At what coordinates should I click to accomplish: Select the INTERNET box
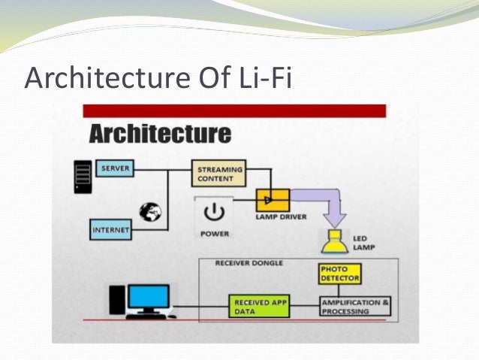pos(110,228)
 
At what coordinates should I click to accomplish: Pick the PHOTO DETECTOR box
pos(339,274)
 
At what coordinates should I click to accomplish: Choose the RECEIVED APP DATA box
pos(259,306)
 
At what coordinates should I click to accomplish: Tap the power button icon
pos(214,210)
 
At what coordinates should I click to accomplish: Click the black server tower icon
pos(83,176)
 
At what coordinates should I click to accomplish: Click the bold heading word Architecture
pos(160,135)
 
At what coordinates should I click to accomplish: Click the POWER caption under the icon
pos(215,234)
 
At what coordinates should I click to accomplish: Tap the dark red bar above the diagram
pos(234,110)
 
